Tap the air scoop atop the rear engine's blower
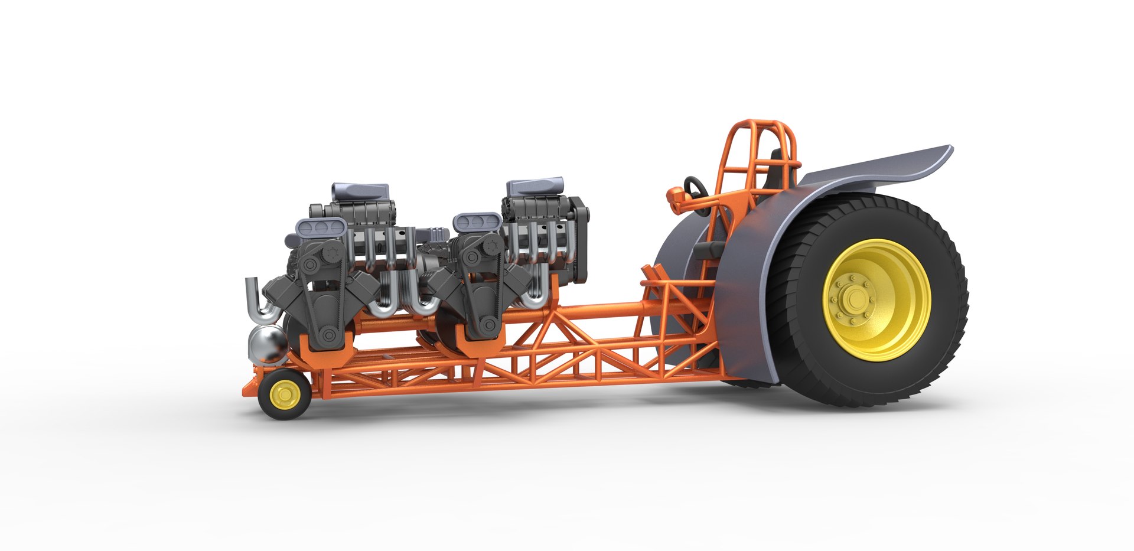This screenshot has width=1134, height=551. pos(535,187)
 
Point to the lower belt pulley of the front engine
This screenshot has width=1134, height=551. pos(329,335)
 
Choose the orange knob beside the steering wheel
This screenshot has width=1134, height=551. pos(675,194)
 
